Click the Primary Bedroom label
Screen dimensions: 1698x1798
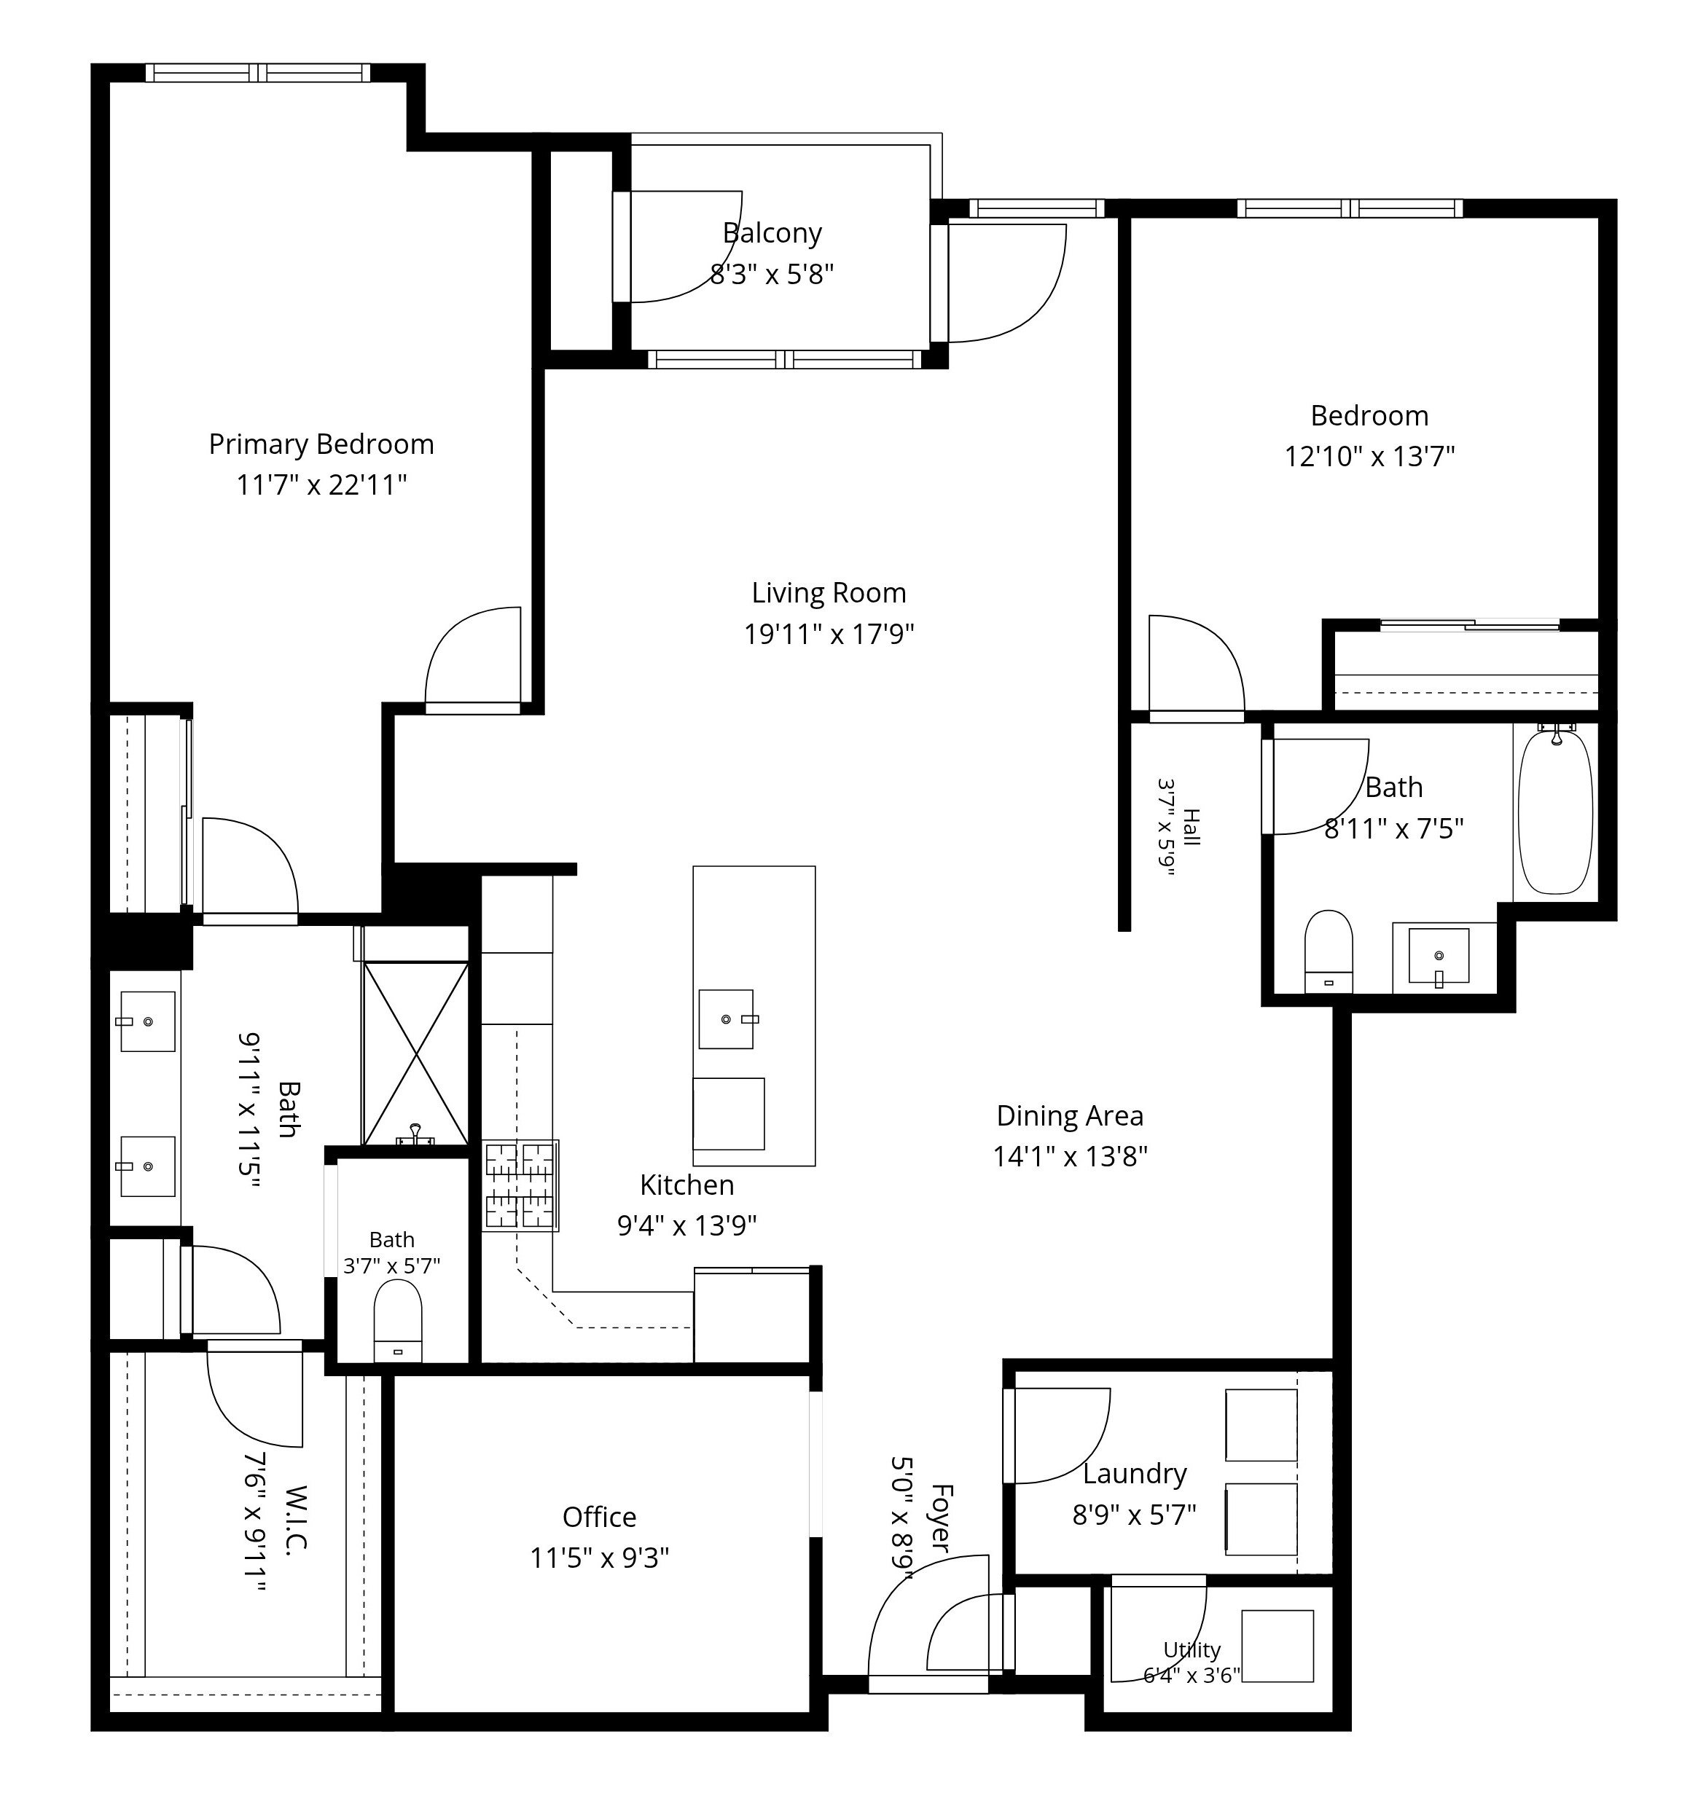click(321, 444)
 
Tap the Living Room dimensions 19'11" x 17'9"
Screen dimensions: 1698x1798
click(829, 633)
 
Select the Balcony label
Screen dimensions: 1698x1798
click(772, 233)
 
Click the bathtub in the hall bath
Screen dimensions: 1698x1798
click(1555, 812)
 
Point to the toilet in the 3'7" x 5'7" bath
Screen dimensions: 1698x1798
click(398, 1320)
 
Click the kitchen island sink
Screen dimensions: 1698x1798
click(726, 1019)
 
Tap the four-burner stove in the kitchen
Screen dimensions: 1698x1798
click(520, 1185)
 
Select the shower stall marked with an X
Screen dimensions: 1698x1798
click(415, 1054)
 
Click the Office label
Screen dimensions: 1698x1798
click(599, 1518)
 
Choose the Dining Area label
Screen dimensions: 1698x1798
click(1070, 1115)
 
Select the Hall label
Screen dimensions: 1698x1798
click(1191, 827)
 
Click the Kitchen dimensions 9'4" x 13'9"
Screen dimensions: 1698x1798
click(687, 1225)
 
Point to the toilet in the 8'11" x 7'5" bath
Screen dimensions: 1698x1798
click(1329, 951)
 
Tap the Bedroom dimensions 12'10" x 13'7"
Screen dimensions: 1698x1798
click(1369, 456)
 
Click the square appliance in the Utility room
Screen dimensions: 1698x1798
click(1277, 1646)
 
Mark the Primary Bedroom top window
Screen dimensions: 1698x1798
click(258, 72)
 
